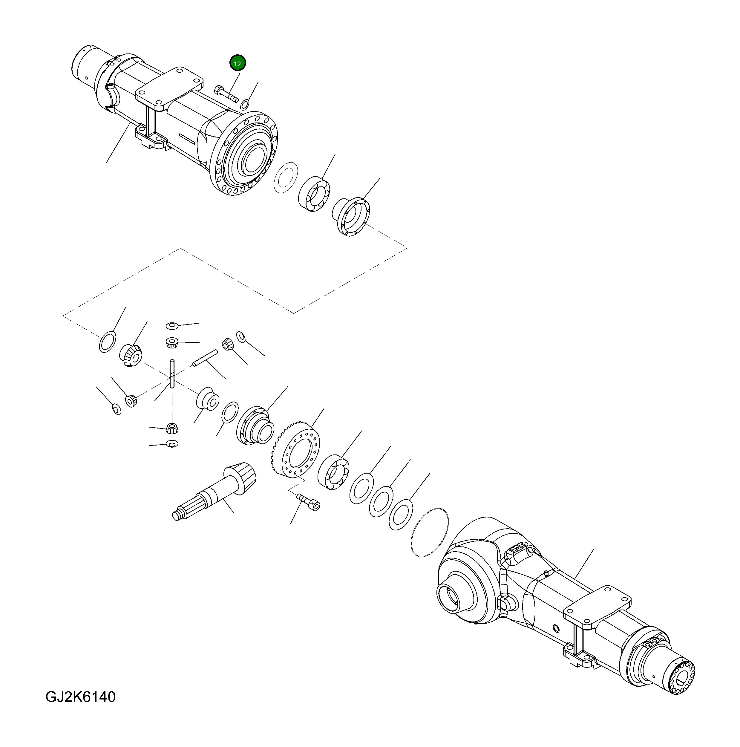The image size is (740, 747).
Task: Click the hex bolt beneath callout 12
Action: [225, 93]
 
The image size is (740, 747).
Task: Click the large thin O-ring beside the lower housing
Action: [430, 532]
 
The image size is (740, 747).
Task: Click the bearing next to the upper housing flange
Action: [314, 195]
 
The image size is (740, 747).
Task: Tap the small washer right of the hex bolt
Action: [245, 104]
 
